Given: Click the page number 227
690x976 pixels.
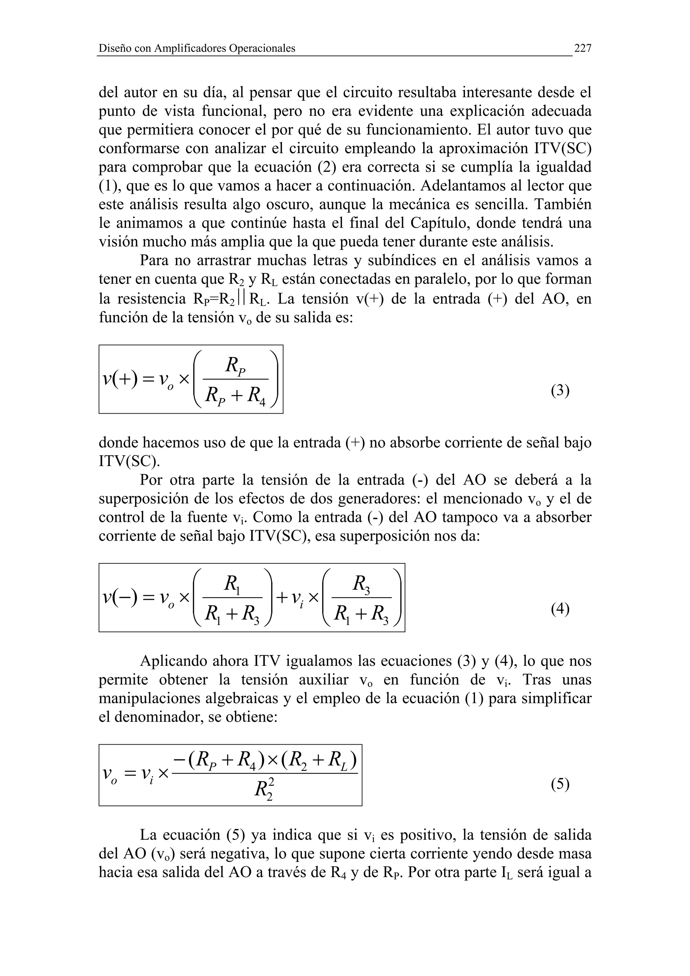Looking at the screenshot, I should coord(583,48).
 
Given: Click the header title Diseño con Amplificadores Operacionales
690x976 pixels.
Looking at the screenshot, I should coord(197,48).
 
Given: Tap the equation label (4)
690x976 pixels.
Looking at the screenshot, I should coord(560,609).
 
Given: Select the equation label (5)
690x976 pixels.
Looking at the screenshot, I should coord(560,784).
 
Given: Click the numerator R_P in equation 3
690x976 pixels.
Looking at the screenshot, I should coord(236,365).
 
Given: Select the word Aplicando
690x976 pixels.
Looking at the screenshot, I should coord(174,661).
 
